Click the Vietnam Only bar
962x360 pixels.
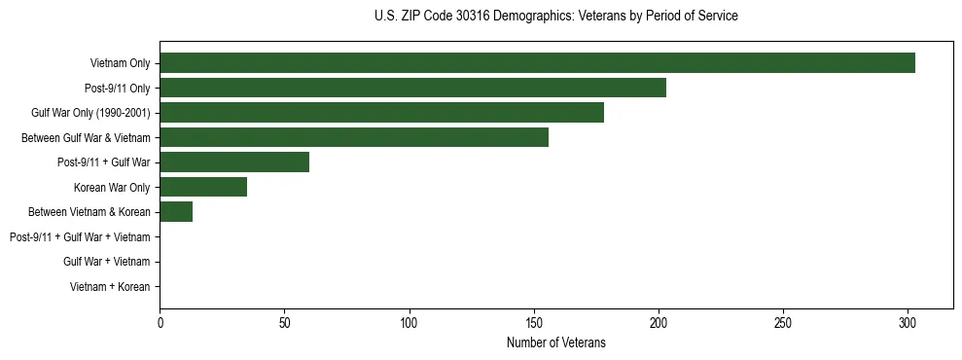point(537,63)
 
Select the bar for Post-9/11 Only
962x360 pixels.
point(412,88)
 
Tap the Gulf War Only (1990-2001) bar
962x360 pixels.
point(381,113)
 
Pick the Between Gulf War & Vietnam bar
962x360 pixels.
point(354,137)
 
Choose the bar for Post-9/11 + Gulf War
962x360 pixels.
point(234,162)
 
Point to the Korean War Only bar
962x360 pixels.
point(203,187)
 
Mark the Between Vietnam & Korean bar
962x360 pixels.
point(176,212)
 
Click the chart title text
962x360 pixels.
point(555,17)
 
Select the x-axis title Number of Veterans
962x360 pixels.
point(555,342)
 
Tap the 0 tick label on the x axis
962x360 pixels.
point(160,322)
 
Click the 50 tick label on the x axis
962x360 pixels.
point(284,322)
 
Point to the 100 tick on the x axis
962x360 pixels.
point(409,322)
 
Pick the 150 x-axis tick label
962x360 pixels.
point(534,322)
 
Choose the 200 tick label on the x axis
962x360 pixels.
point(659,322)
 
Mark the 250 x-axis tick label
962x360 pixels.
point(783,322)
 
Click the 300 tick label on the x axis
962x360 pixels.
point(908,322)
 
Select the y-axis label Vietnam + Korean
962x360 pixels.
point(110,287)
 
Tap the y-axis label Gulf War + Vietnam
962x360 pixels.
point(106,262)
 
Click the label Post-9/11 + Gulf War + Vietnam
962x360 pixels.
point(80,237)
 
